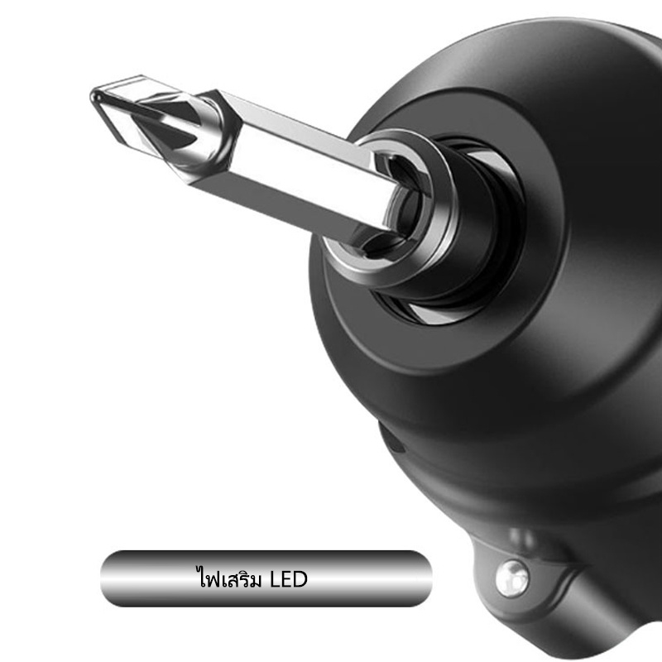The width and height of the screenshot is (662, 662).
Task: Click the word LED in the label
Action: (x=288, y=578)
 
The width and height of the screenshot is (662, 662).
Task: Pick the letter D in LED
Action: (x=300, y=578)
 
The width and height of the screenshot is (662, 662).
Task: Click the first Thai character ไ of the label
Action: (x=203, y=577)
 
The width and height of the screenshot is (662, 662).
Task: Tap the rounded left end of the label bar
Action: (x=112, y=578)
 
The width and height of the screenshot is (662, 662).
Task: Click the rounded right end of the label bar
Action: (x=421, y=578)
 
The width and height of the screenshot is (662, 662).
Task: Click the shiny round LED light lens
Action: (x=512, y=578)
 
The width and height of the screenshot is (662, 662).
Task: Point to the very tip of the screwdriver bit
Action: (x=93, y=96)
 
